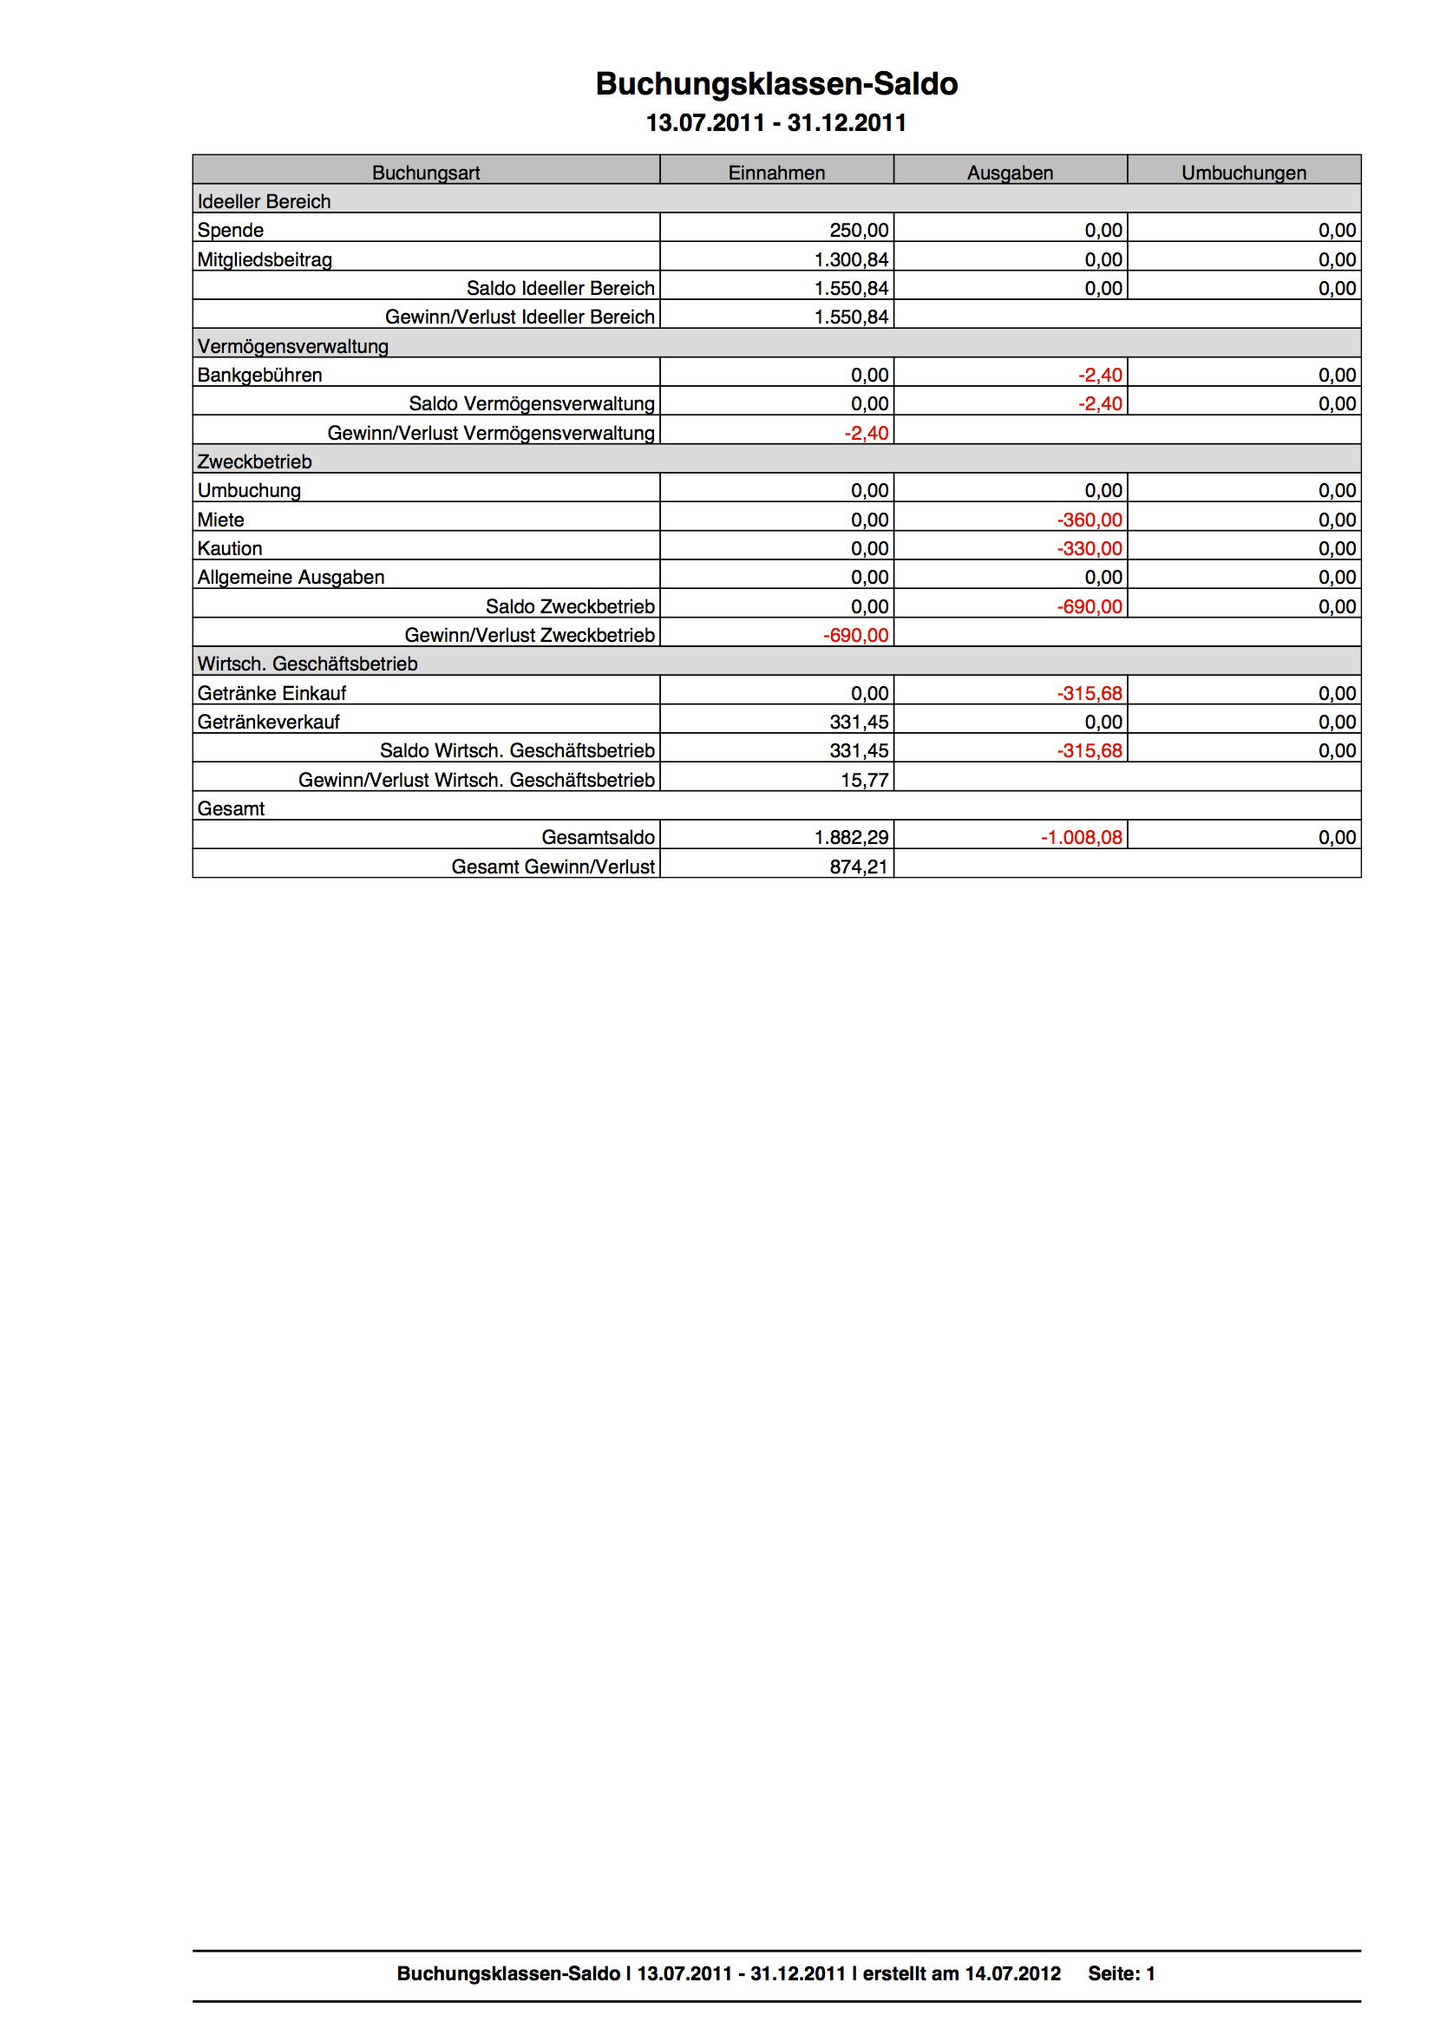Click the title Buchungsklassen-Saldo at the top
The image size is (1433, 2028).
(x=775, y=84)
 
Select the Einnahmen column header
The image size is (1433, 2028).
(x=775, y=173)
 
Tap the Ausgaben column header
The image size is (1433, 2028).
(x=1010, y=173)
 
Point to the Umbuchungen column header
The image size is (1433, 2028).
(x=1243, y=173)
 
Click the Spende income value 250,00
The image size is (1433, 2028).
(x=859, y=231)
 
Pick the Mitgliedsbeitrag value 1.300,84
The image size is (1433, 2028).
(x=851, y=259)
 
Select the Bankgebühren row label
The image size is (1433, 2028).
(x=259, y=376)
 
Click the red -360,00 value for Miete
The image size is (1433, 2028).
(x=1089, y=520)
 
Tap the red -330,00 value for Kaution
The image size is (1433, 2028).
(x=1089, y=548)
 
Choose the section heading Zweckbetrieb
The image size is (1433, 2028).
(x=254, y=462)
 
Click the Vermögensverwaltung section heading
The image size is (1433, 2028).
(x=292, y=346)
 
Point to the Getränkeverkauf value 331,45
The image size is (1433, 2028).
(x=859, y=723)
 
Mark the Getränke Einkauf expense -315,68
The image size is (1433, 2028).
(x=1089, y=693)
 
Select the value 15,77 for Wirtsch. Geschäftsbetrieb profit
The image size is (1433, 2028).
(x=864, y=780)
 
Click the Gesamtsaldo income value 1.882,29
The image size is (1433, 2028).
(x=851, y=837)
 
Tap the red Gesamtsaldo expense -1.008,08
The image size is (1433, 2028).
(x=1081, y=837)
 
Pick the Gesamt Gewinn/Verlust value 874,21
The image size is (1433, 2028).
(x=859, y=867)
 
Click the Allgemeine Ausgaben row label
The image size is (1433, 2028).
(x=291, y=578)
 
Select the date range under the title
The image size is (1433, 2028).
(x=775, y=123)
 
